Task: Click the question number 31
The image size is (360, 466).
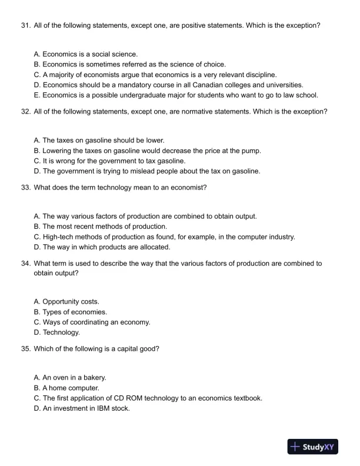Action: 25,26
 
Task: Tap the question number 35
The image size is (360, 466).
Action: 25,348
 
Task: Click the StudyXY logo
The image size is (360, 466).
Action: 312,447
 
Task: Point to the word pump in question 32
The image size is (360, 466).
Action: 251,151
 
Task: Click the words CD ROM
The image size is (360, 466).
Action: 132,398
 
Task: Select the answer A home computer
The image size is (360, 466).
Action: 71,388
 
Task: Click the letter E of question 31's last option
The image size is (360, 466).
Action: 37,95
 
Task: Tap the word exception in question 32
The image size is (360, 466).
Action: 309,111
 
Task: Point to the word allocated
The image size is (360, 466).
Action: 154,247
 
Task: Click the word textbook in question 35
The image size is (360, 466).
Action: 248,398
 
